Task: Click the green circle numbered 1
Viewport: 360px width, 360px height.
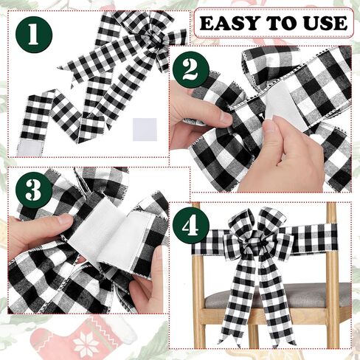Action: point(34,35)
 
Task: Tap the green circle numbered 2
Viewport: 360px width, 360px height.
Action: point(191,70)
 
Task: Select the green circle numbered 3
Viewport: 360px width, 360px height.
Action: point(34,190)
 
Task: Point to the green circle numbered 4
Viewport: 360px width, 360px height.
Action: point(191,225)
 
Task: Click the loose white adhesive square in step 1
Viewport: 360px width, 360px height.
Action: point(145,129)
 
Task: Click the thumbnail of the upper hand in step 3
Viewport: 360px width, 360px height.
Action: point(64,220)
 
